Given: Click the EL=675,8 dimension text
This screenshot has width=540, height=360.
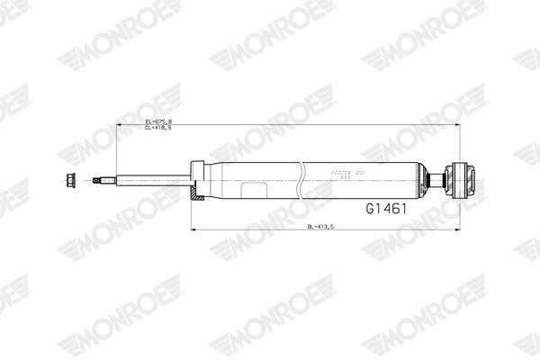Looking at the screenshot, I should pos(158,121).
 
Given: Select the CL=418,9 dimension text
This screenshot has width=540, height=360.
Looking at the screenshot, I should pos(158,128).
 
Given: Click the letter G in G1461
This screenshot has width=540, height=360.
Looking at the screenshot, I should pos(370,209).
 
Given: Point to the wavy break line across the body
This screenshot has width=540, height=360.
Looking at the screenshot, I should pos(301,179).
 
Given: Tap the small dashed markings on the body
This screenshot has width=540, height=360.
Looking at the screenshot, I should pos(346,172).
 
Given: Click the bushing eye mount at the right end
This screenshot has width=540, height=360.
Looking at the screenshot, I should pos(462,178).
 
